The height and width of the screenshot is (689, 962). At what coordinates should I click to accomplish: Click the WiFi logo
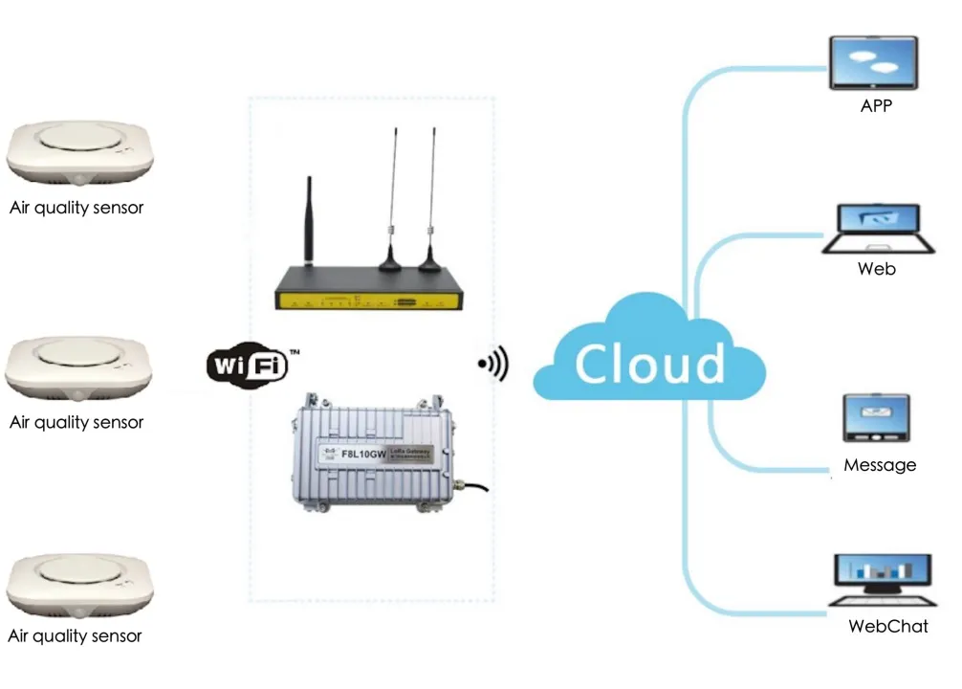click(x=247, y=364)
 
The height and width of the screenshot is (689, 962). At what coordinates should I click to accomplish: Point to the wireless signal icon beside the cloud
click(x=494, y=364)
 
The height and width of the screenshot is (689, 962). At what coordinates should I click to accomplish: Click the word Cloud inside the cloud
click(x=649, y=364)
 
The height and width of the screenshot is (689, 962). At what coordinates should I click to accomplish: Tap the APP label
click(x=876, y=106)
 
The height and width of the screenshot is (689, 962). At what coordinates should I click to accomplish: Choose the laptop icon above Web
click(x=876, y=228)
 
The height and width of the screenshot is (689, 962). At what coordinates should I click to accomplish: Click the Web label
click(x=876, y=269)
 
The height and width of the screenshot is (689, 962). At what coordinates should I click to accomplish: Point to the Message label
click(x=880, y=465)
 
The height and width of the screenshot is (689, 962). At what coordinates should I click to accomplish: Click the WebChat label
click(x=887, y=627)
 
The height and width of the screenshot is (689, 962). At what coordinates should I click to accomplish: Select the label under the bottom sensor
click(x=75, y=635)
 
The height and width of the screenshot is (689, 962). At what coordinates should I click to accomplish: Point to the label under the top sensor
click(x=77, y=207)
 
